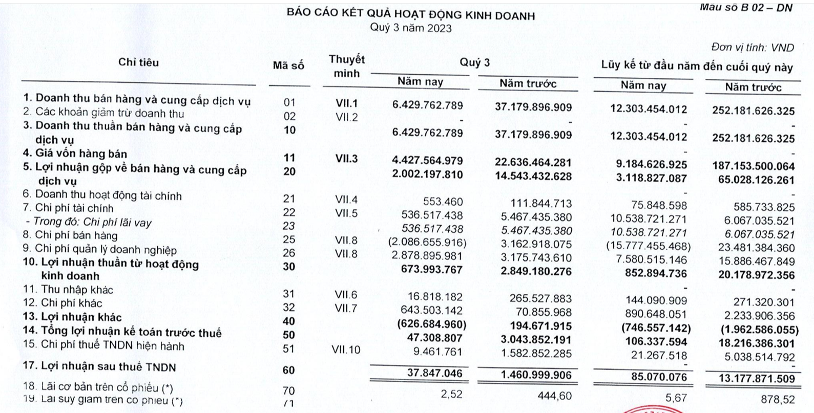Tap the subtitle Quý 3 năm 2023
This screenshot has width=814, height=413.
(411, 28)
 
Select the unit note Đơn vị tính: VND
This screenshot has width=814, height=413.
(753, 48)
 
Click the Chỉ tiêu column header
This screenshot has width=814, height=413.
(138, 62)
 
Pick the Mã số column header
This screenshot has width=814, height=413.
(288, 66)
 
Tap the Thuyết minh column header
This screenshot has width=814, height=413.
(347, 66)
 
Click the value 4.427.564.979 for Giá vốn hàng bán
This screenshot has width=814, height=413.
(427, 160)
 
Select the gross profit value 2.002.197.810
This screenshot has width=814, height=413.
(427, 175)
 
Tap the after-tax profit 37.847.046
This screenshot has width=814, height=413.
(434, 373)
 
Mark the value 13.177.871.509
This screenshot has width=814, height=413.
(754, 379)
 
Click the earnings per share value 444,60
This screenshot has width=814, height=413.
(554, 395)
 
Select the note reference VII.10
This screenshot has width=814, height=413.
(347, 350)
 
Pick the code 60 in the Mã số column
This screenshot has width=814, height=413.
(289, 369)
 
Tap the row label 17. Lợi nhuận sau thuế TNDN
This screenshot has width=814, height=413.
(99, 367)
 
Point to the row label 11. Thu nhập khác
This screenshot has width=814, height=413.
(68, 290)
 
